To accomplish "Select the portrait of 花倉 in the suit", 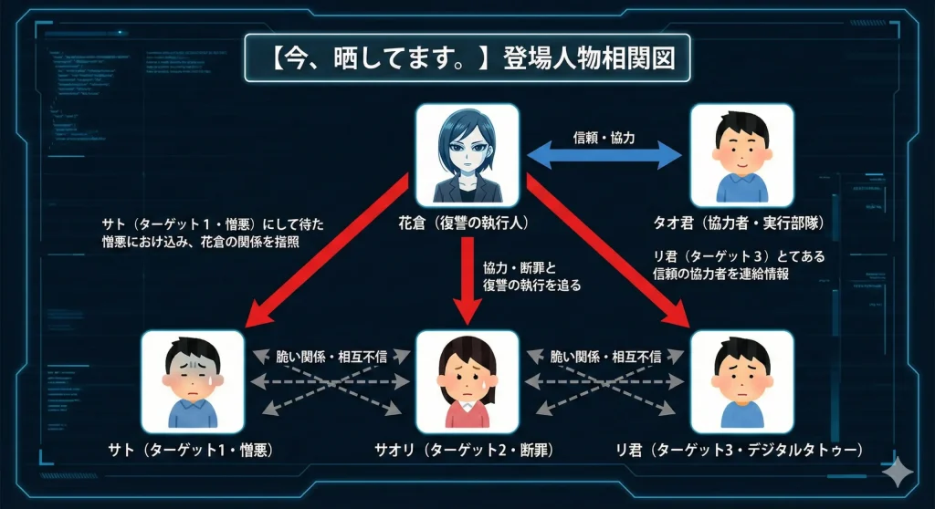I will point(467,154).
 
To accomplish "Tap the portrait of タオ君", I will point(741,154).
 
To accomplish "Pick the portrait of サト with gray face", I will point(194,381).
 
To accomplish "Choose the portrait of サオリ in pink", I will point(467,381).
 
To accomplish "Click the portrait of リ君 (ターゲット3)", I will point(741,381).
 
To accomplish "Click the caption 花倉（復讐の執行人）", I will point(467,221).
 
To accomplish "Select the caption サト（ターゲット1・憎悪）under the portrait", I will point(194,449).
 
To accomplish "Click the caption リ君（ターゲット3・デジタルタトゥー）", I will point(742,449).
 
